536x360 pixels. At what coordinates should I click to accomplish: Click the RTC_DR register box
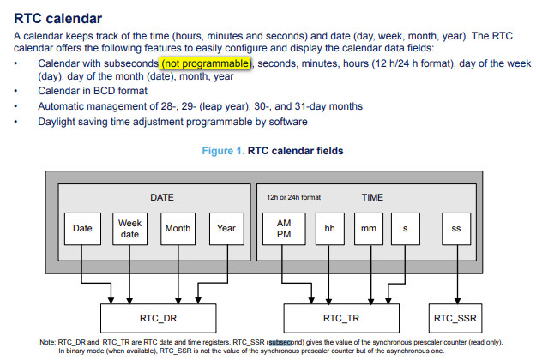[x=159, y=318]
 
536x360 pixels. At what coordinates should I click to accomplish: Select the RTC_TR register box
[x=341, y=318]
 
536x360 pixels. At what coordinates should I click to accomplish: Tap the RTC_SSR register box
[x=455, y=318]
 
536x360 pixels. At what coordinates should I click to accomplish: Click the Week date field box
[x=129, y=229]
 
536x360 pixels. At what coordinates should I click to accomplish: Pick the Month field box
[x=178, y=229]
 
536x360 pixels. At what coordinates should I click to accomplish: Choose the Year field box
[x=226, y=229]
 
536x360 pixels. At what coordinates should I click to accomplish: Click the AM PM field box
[x=284, y=229]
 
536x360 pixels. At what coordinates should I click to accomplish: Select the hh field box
[x=330, y=229]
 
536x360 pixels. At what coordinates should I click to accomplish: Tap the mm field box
[x=369, y=229]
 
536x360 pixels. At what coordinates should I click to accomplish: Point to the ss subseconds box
[x=456, y=229]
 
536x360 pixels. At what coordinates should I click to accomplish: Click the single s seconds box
[x=406, y=229]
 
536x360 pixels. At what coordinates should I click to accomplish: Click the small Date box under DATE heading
[x=82, y=229]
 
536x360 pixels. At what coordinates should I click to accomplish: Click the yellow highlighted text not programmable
[x=207, y=63]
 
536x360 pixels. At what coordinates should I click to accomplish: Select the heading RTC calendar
[x=57, y=19]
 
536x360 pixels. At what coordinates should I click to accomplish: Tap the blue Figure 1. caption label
[x=223, y=151]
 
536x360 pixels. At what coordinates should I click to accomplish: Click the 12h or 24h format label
[x=293, y=197]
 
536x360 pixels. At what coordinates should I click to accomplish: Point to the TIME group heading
[x=372, y=197]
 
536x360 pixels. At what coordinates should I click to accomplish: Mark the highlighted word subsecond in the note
[x=280, y=342]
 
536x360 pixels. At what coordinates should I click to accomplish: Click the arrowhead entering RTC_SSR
[x=457, y=301]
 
